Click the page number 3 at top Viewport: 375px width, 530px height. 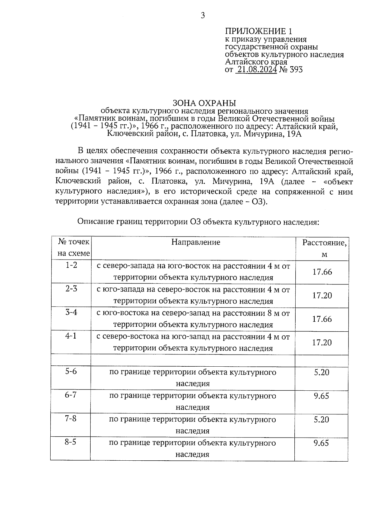202,15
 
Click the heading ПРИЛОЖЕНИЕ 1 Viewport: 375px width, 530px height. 259,31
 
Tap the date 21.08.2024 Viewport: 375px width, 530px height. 257,70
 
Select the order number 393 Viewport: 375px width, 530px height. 296,70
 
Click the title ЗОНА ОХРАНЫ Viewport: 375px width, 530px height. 204,103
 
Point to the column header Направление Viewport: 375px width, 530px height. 196,242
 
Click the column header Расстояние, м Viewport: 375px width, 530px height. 324,249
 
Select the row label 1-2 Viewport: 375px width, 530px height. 71,265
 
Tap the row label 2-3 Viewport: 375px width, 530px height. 71,289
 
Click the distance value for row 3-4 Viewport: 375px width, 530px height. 322,319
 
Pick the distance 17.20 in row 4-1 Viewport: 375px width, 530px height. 322,343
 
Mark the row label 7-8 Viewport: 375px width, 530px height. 71,419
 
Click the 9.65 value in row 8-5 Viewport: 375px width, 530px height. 321,443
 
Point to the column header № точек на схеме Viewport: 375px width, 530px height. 74,248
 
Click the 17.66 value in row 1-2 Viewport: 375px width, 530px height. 322,272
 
